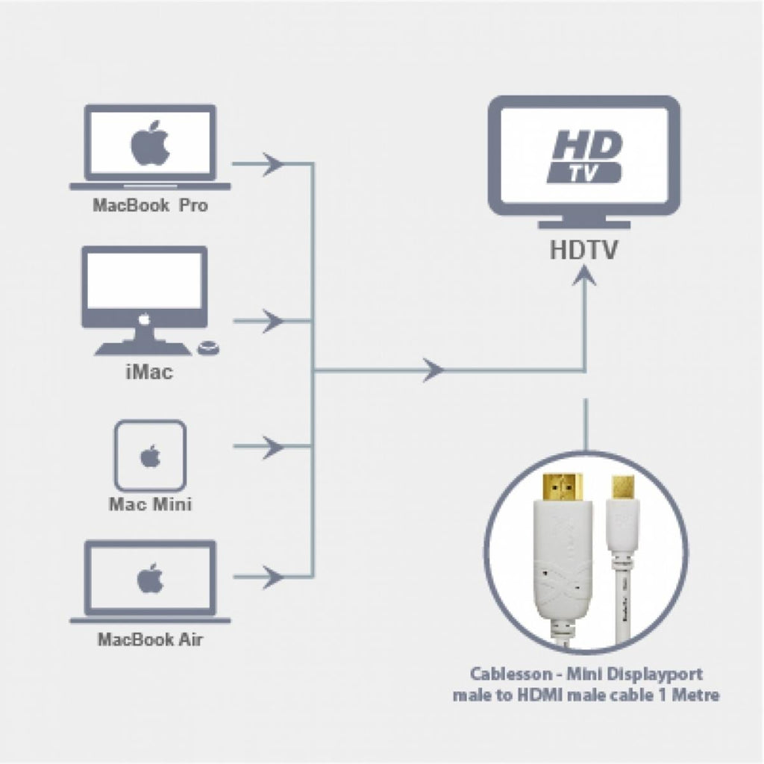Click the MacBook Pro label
click(x=150, y=205)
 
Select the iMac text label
click(x=149, y=372)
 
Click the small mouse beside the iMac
click(x=209, y=348)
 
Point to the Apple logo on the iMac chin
click(x=144, y=319)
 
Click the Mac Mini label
click(x=150, y=504)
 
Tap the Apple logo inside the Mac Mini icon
click(x=150, y=456)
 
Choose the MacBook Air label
click(x=150, y=639)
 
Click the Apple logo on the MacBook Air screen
click(x=150, y=578)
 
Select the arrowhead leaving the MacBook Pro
click(x=272, y=164)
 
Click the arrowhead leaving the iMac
click(x=272, y=321)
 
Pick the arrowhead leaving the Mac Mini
click(x=272, y=446)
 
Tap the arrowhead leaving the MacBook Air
click(x=272, y=577)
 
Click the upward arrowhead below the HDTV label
click(x=585, y=276)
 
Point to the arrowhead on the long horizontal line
click(x=433, y=370)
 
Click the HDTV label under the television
click(x=583, y=249)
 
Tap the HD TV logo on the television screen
click(x=584, y=157)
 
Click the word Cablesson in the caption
click(x=509, y=674)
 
